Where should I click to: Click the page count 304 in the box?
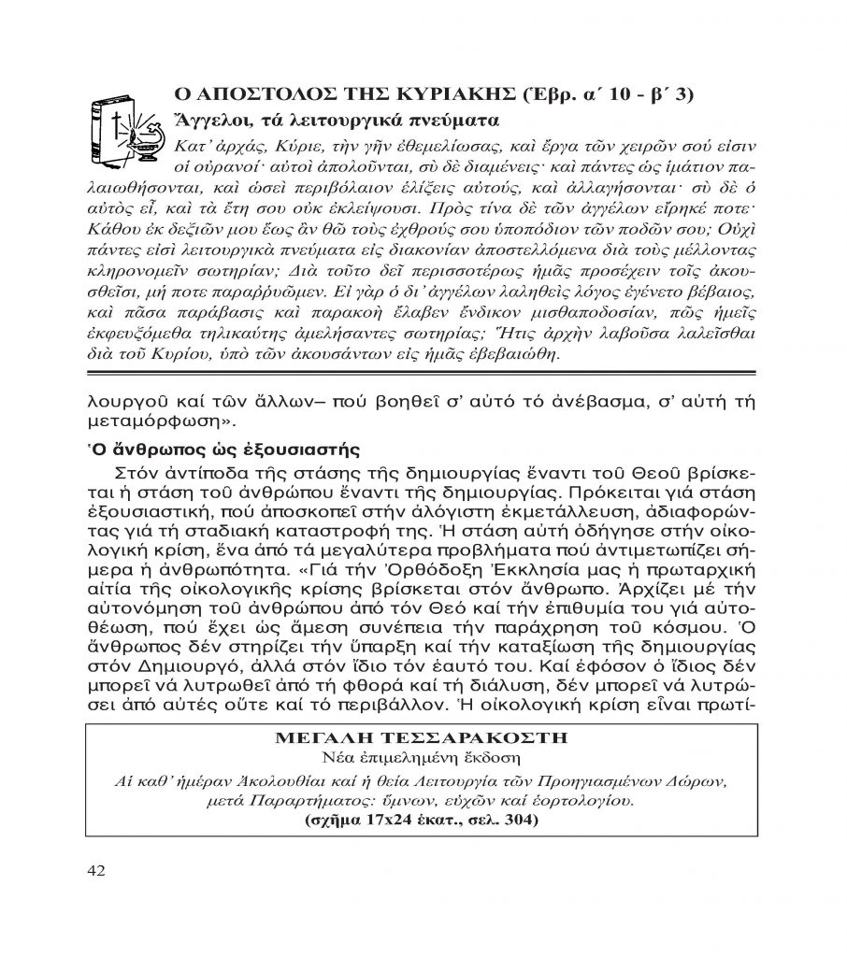coord(519,821)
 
